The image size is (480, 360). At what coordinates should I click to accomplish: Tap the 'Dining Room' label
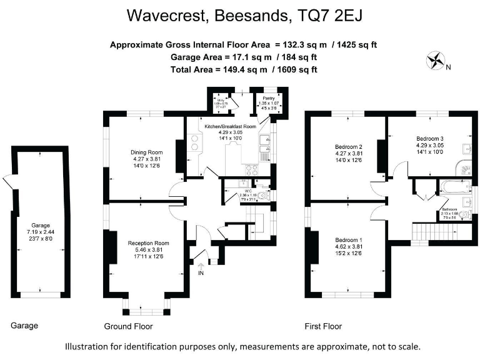147,152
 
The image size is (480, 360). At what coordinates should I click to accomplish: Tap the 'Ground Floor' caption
127,326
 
